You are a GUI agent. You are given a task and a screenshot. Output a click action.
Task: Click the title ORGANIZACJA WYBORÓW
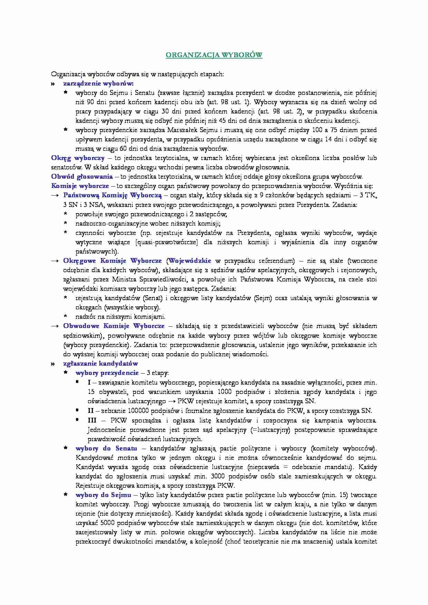coord(214,55)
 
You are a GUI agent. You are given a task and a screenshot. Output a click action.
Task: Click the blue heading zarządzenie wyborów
coord(98,83)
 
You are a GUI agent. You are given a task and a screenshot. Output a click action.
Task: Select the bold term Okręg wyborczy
coord(78,158)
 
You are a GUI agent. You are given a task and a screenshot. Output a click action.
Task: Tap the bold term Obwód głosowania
coord(82,177)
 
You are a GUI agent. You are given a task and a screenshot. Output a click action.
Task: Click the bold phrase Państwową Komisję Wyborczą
coord(113,195)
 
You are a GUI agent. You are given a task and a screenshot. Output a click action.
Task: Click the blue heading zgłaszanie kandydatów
coord(100,363)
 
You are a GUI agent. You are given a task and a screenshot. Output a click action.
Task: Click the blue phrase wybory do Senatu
coord(106,448)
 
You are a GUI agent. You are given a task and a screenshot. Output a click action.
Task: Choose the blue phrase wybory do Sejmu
coord(103,495)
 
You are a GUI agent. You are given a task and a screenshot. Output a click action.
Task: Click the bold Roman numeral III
coord(92,420)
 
